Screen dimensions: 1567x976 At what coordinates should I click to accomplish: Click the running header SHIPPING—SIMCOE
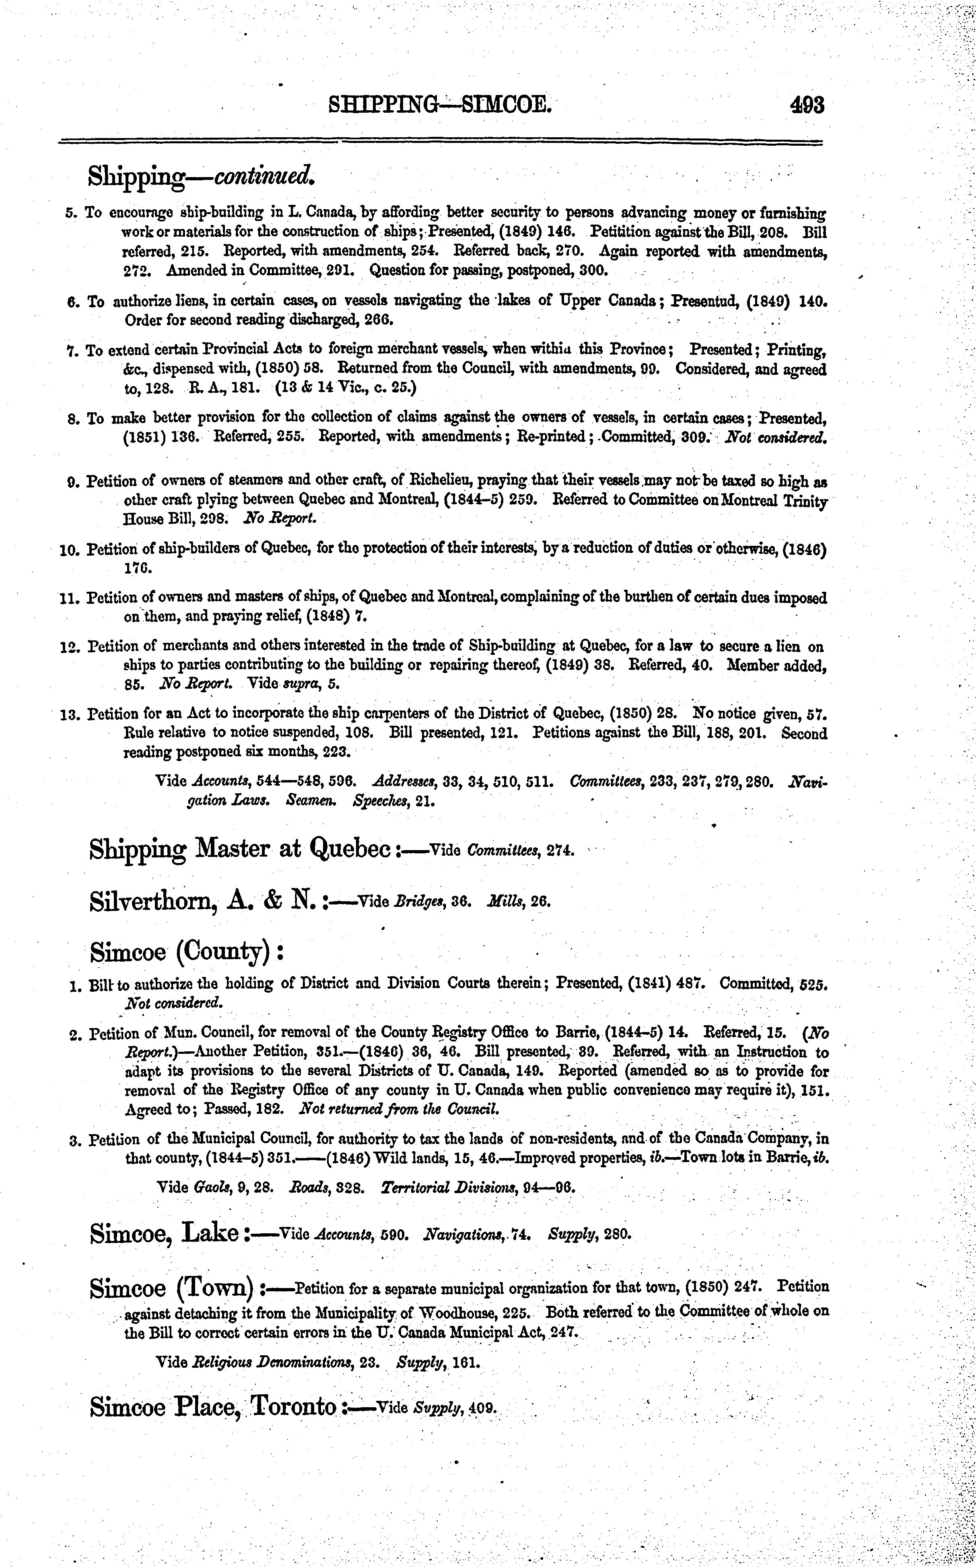[x=440, y=105]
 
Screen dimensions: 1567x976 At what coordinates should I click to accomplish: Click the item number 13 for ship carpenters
[x=68, y=715]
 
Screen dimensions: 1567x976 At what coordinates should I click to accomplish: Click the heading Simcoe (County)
[x=187, y=951]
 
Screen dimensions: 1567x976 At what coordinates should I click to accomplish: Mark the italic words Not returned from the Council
[x=400, y=1110]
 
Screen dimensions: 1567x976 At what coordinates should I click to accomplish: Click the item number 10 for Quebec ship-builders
[x=68, y=551]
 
